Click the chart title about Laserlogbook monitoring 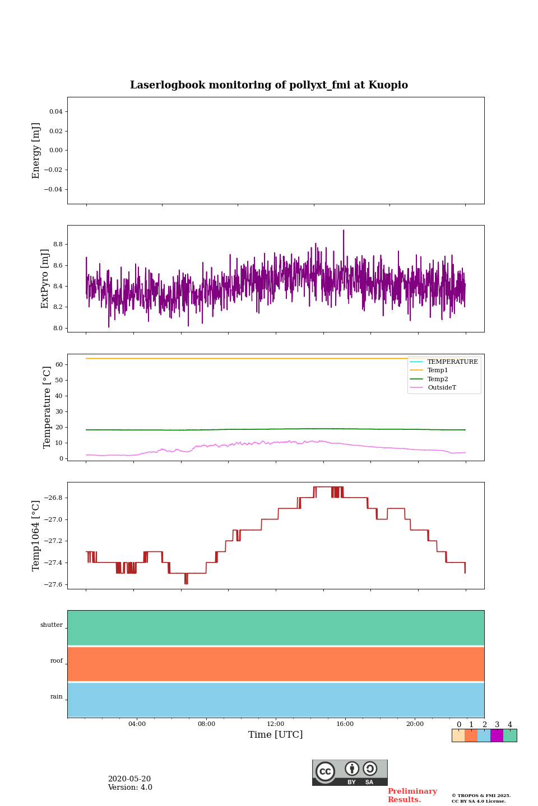[269, 85]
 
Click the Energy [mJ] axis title [36, 151]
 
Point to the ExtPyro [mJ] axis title [45, 279]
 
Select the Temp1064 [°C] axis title [36, 536]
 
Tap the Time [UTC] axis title [276, 734]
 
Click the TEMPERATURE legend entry [452, 362]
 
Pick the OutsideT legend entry [442, 388]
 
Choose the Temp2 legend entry [438, 379]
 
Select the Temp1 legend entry [438, 371]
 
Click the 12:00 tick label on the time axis [276, 724]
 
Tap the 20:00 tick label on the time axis [415, 724]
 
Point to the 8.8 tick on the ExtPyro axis [58, 245]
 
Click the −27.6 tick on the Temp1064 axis [53, 585]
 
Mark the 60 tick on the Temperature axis [58, 365]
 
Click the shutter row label [52, 625]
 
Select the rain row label [57, 697]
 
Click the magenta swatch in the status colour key [497, 735]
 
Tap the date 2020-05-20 [129, 779]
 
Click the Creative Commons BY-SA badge [350, 772]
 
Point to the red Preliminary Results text [412, 795]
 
